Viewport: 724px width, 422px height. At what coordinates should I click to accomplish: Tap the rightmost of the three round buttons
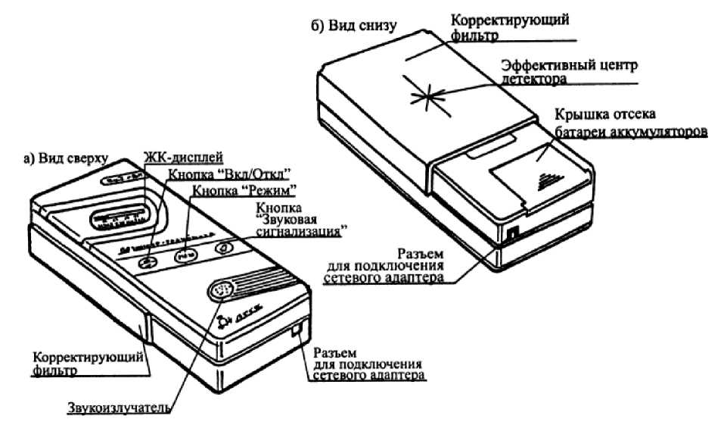pyautogui.click(x=224, y=248)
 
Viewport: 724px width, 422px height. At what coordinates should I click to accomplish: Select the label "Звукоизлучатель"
pyautogui.click(x=117, y=410)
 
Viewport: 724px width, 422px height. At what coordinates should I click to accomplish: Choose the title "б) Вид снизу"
pyautogui.click(x=353, y=28)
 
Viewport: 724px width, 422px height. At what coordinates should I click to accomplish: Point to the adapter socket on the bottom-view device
pyautogui.click(x=512, y=234)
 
